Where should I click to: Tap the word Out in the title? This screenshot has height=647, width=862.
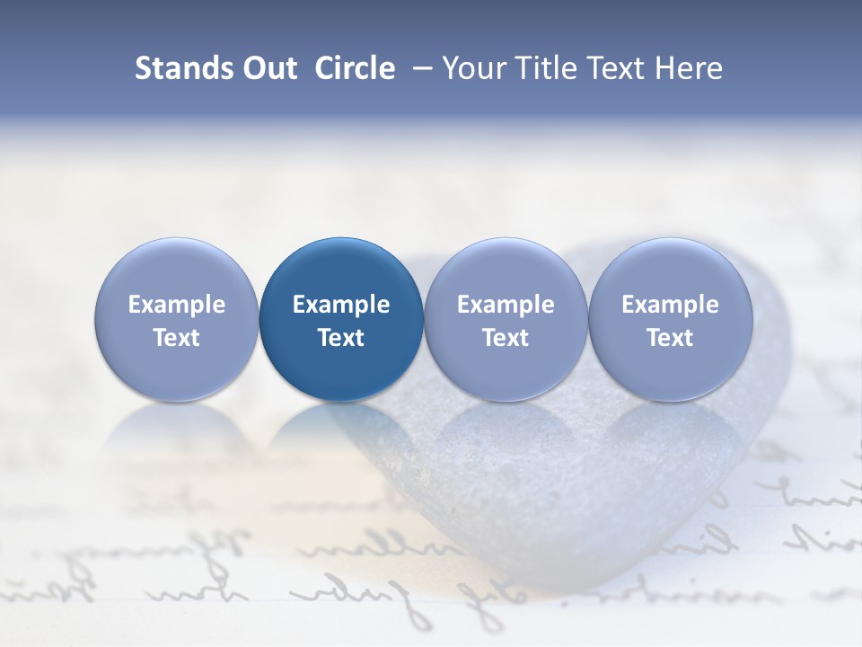coord(267,68)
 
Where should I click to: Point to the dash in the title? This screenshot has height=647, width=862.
coord(418,69)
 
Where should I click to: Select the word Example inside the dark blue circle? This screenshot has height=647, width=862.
coord(341,305)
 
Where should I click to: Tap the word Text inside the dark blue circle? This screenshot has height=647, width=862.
coord(341,338)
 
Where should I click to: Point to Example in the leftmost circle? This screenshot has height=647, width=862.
coord(177,305)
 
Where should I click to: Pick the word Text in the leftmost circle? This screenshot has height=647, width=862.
coord(177,338)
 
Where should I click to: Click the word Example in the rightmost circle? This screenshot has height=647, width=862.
coord(671,305)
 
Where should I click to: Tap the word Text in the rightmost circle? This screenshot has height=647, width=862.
coord(671,338)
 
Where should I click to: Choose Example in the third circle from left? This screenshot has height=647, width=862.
coord(506,305)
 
